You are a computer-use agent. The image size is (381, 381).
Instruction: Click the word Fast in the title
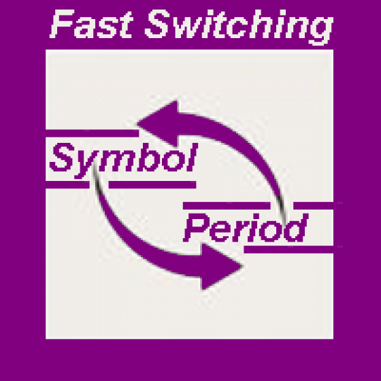91,24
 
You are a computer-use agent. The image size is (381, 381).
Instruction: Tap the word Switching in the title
239,27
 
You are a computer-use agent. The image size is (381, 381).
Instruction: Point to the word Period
246,228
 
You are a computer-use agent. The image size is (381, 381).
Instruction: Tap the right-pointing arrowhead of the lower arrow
221,267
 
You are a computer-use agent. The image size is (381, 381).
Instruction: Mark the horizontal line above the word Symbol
93,133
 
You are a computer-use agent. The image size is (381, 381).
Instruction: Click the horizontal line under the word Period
288,250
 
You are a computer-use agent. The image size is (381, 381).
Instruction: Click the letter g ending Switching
320,31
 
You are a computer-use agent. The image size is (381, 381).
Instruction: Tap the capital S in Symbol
61,157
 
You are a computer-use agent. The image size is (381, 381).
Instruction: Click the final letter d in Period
297,228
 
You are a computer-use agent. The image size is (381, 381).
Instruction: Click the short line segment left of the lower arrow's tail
67,184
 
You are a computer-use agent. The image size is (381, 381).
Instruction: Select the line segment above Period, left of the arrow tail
227,205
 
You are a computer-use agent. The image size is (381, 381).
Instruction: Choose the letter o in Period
274,231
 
